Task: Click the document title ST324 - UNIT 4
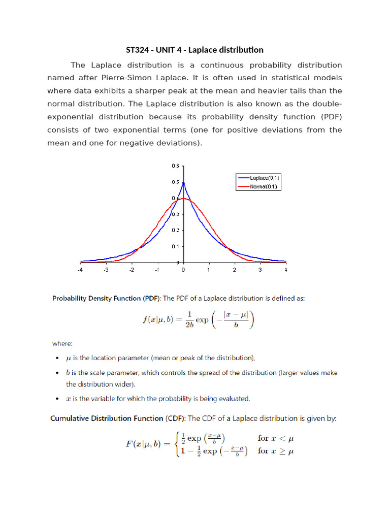point(194,50)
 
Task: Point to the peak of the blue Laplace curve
point(183,183)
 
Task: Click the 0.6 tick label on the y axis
point(175,166)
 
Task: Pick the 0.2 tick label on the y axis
point(175,230)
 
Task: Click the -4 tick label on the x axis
point(80,270)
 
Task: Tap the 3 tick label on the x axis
point(260,270)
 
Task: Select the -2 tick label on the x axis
point(131,270)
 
